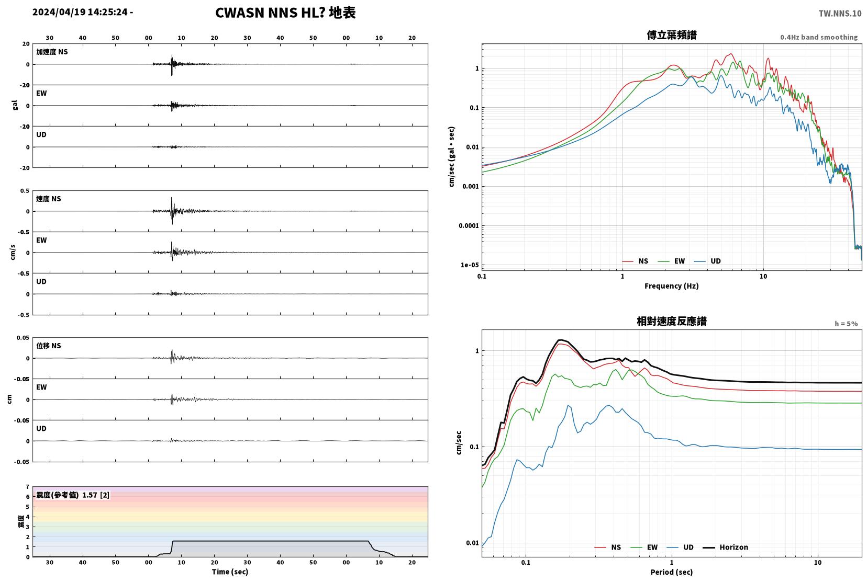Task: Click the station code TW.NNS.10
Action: (x=840, y=14)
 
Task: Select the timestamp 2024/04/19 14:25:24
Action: (x=80, y=12)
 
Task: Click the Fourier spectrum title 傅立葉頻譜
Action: (x=672, y=35)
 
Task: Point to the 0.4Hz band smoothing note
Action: (x=819, y=37)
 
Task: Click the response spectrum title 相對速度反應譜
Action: (x=672, y=321)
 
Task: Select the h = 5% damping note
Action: (x=846, y=324)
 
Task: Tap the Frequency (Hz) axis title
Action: (x=672, y=286)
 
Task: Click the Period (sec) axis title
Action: (x=672, y=572)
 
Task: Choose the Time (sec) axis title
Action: (x=230, y=572)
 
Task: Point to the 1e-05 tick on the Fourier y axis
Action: (x=469, y=265)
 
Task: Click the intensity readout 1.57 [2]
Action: (x=96, y=495)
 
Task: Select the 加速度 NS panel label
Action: (x=52, y=52)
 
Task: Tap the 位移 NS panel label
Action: (x=48, y=346)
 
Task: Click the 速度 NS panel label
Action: (x=48, y=199)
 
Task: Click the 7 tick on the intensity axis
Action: (x=27, y=486)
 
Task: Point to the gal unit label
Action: (x=15, y=105)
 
